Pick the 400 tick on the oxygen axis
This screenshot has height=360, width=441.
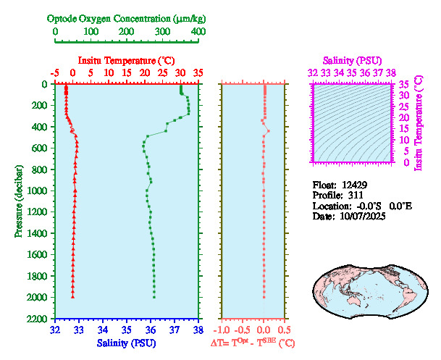[198, 32]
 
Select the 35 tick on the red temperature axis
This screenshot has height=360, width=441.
[198, 73]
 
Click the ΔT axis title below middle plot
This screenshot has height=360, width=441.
[252, 342]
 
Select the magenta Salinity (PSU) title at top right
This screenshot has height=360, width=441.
[351, 60]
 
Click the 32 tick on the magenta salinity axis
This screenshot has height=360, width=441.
[312, 73]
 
